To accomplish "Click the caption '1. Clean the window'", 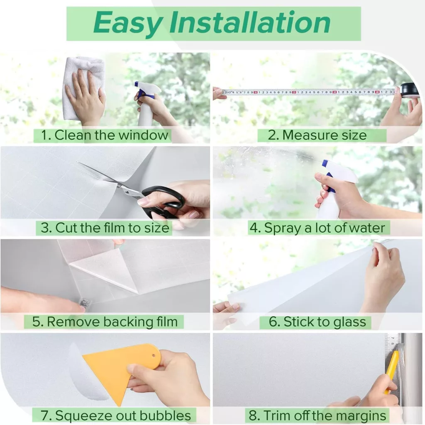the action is coord(105,135).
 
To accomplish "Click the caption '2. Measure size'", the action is coord(318,135).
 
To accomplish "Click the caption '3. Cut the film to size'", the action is coord(105,228).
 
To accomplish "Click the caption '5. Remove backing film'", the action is coord(105,322).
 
